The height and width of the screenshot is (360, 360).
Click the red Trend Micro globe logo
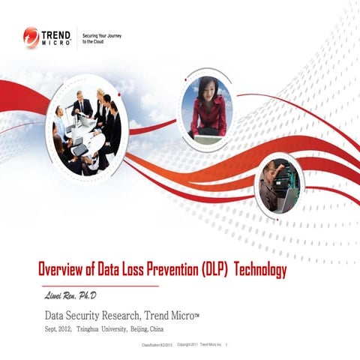(31, 37)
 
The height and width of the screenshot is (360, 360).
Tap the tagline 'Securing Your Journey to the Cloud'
(101, 38)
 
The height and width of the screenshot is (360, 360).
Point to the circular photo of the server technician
(280, 184)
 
